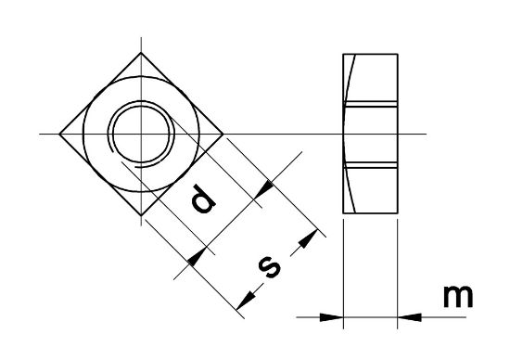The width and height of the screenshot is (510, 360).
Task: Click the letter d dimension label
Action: [x=203, y=199]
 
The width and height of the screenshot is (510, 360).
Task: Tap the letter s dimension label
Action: [x=270, y=267]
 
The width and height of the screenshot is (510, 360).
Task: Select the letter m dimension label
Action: [x=458, y=296]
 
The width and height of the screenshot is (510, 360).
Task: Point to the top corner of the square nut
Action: [x=141, y=52]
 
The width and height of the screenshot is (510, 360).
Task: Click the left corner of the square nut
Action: [x=59, y=134]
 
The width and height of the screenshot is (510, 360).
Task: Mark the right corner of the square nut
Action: [x=223, y=134]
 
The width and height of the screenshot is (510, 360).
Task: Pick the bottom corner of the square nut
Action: [x=141, y=215]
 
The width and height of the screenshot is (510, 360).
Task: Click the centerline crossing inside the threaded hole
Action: [x=141, y=134]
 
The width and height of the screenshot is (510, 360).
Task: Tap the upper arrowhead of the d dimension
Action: [x=264, y=189]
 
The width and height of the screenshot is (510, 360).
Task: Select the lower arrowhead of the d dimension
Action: [x=198, y=257]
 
